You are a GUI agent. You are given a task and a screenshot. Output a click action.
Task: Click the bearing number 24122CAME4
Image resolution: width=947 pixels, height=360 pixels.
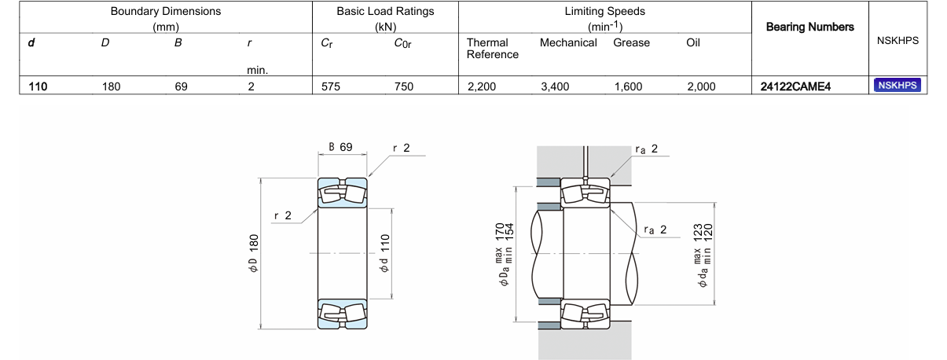pyautogui.click(x=795, y=86)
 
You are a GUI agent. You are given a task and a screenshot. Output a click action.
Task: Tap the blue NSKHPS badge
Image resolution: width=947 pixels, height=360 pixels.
pyautogui.click(x=897, y=86)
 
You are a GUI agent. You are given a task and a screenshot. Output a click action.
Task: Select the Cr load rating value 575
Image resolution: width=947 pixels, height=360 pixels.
pyautogui.click(x=331, y=86)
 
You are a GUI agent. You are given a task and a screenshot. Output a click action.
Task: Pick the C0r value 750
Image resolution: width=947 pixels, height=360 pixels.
pyautogui.click(x=403, y=86)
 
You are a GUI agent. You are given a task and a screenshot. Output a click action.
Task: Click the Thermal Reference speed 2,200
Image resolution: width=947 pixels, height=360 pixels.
pyautogui.click(x=481, y=86)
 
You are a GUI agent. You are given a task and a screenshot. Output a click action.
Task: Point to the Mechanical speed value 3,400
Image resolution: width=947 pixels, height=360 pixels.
pyautogui.click(x=555, y=86)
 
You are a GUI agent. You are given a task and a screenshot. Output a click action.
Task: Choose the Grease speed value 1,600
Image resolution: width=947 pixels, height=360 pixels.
pyautogui.click(x=628, y=86)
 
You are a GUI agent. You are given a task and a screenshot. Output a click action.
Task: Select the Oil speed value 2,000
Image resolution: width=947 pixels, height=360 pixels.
pyautogui.click(x=701, y=86)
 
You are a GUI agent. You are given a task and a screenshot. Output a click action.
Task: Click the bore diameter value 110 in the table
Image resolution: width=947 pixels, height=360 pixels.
pyautogui.click(x=38, y=86)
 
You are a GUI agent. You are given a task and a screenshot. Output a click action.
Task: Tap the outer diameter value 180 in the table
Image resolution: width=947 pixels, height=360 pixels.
pyautogui.click(x=111, y=86)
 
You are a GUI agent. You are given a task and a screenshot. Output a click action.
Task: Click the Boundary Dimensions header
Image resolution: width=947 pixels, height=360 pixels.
pyautogui.click(x=166, y=12)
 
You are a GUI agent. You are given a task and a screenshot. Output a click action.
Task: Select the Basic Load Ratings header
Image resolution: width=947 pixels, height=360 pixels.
pyautogui.click(x=385, y=12)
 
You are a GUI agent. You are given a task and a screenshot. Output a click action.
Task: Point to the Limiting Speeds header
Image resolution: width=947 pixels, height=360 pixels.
pyautogui.click(x=605, y=12)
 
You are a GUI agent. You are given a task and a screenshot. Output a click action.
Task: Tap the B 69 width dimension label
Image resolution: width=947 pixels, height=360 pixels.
pyautogui.click(x=340, y=147)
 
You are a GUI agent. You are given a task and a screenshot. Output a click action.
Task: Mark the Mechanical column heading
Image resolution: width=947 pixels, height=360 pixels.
pyautogui.click(x=567, y=42)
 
